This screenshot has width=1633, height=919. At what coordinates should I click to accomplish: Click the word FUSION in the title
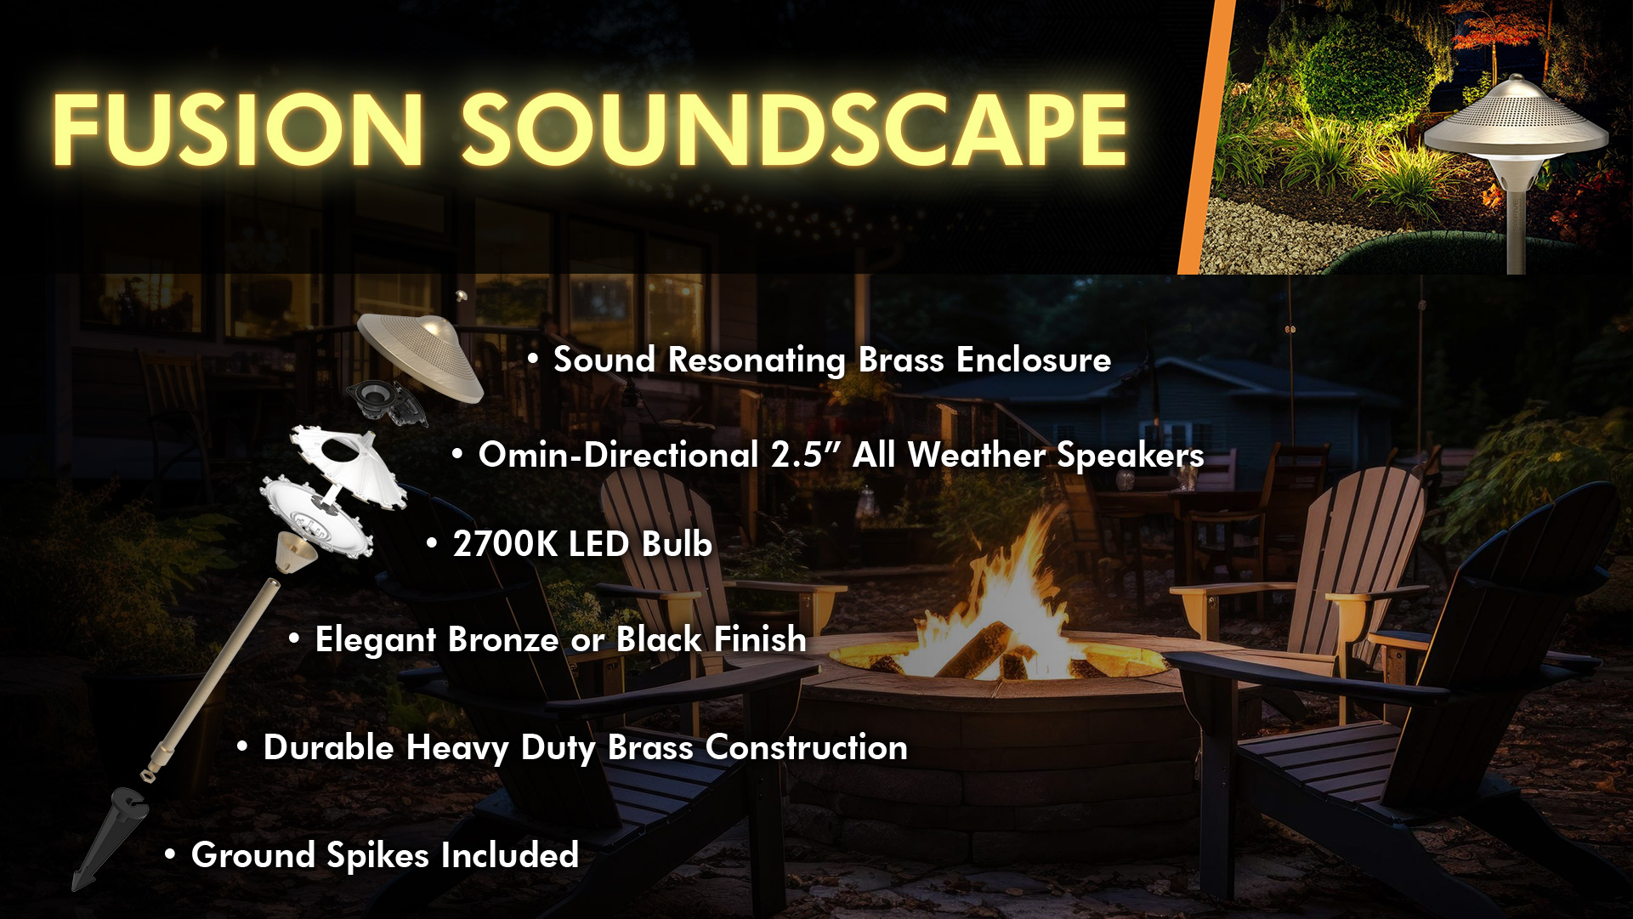tap(238, 129)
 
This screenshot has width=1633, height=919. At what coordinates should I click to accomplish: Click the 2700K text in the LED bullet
tap(505, 544)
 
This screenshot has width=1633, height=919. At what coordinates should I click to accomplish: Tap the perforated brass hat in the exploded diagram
tap(420, 355)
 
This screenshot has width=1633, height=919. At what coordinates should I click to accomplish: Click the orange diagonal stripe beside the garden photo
tap(1206, 137)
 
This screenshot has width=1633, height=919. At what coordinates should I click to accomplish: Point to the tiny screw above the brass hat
tap(462, 296)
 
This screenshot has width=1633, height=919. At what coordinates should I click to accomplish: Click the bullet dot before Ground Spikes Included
tap(171, 854)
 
